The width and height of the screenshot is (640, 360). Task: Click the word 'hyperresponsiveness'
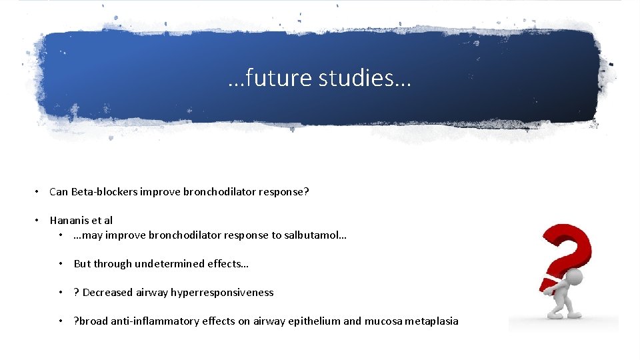point(222,293)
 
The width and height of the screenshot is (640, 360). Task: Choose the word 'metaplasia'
point(431,321)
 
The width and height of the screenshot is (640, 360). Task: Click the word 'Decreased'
point(107,293)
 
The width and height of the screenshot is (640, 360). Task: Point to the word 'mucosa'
point(382,321)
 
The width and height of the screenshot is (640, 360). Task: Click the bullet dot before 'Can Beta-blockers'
point(39,192)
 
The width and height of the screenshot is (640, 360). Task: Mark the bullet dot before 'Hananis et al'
point(39,220)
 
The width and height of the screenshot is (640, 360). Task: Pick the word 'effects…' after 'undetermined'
point(228,264)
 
